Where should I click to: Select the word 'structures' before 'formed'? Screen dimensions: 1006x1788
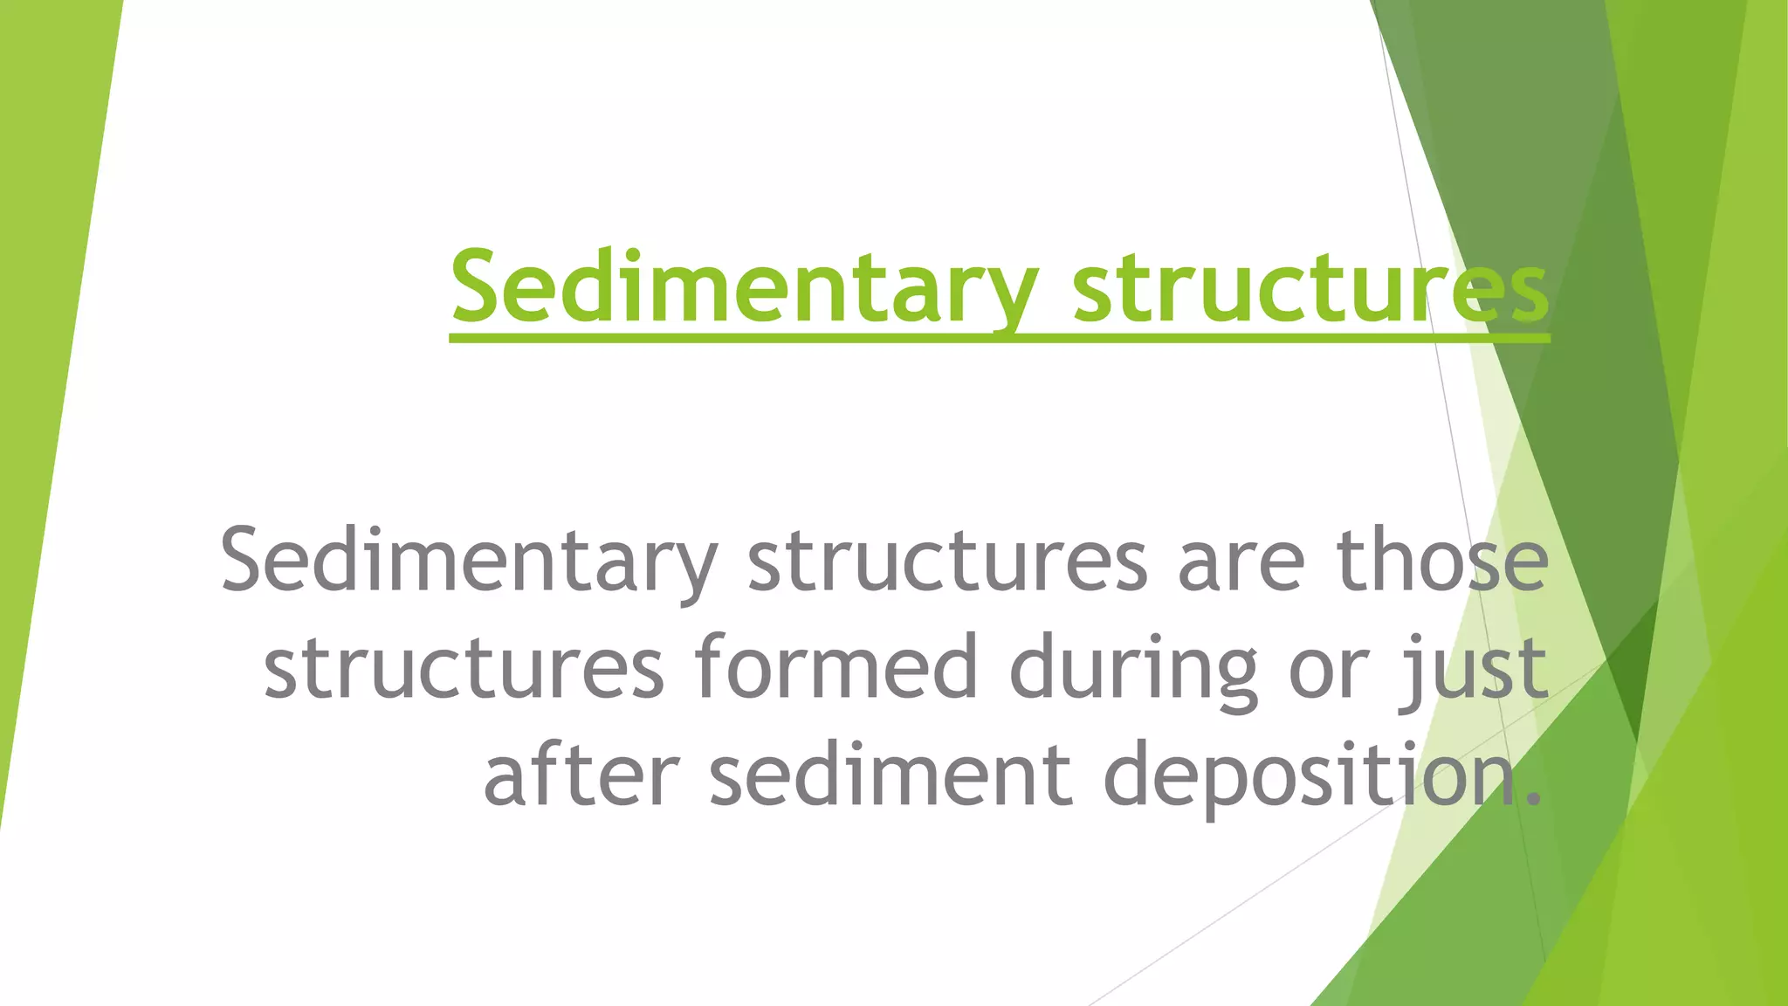tap(464, 669)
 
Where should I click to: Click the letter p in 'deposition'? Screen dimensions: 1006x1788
tap(1231, 782)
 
